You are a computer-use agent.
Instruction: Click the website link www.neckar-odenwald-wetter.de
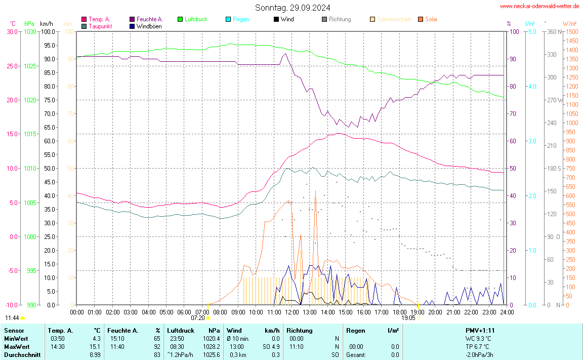coord(539,6)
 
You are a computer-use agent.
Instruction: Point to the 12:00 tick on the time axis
coord(292,311)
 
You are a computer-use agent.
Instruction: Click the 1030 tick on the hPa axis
coord(30,31)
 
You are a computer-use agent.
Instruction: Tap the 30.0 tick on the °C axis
coord(12,31)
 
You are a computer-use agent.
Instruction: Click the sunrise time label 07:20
coord(198,318)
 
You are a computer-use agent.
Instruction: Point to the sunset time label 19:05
coord(408,318)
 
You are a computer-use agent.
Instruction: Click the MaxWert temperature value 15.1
coord(96,346)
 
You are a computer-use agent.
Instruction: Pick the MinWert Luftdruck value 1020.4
coord(211,338)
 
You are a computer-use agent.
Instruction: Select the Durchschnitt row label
coord(22,354)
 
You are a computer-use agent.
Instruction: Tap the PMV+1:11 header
coord(480,330)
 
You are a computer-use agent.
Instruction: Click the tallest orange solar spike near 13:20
coord(315,191)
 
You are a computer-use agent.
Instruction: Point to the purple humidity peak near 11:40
coord(285,54)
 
